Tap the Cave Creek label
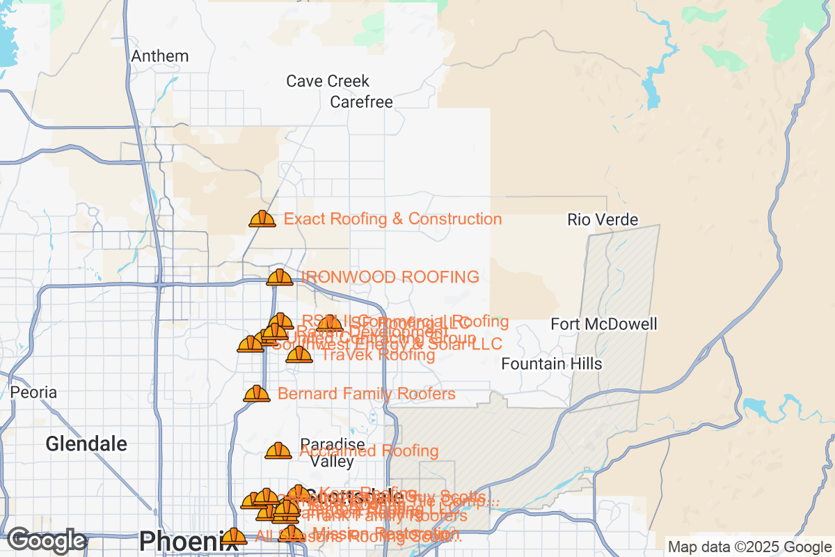[328, 81]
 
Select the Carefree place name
[361, 102]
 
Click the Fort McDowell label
[603, 324]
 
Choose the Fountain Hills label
[552, 364]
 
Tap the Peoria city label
[33, 393]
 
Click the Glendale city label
[87, 444]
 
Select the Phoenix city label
[179, 540]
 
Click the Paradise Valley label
[332, 453]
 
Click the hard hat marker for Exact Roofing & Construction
[262, 219]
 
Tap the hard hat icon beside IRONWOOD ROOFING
[280, 277]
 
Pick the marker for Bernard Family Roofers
[256, 393]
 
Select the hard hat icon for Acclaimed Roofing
[278, 450]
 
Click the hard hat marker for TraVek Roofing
[299, 354]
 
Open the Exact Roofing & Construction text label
[392, 219]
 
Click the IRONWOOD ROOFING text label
[390, 277]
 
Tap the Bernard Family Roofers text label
[366, 394]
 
